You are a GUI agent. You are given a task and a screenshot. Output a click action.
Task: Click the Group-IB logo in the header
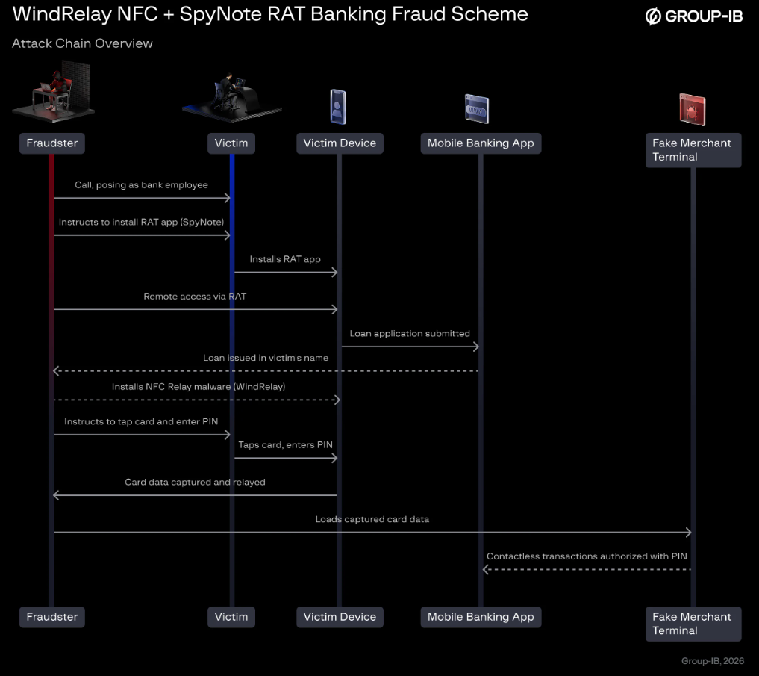(693, 16)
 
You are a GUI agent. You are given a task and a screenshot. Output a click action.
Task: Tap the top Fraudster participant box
(51, 143)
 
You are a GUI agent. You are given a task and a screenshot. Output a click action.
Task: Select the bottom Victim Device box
(340, 617)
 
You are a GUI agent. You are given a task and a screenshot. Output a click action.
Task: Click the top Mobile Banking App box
(481, 143)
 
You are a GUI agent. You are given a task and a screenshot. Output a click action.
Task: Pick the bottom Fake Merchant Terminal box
(693, 624)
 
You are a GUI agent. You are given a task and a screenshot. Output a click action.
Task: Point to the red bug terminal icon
(692, 109)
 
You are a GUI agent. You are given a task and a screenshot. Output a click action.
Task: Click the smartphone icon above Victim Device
(338, 107)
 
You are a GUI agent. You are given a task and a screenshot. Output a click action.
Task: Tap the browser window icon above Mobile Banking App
(477, 108)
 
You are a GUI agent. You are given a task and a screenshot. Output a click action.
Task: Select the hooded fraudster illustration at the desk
(53, 91)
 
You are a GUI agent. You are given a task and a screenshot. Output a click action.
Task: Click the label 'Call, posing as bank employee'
(141, 184)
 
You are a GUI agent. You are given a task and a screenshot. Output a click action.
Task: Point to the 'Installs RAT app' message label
(285, 259)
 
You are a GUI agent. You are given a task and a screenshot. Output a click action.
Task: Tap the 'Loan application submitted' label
(410, 333)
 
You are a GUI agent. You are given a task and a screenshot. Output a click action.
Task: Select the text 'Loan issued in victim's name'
(266, 358)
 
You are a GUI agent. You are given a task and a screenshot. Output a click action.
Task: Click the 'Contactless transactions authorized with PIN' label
(587, 556)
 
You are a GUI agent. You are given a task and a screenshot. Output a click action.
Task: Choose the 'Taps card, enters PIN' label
(286, 445)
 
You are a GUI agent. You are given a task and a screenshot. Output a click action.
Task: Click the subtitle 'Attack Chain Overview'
(82, 43)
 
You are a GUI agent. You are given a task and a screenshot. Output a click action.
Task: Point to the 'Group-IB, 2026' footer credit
(713, 661)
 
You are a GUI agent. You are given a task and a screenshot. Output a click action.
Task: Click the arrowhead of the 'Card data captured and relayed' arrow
(56, 495)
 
